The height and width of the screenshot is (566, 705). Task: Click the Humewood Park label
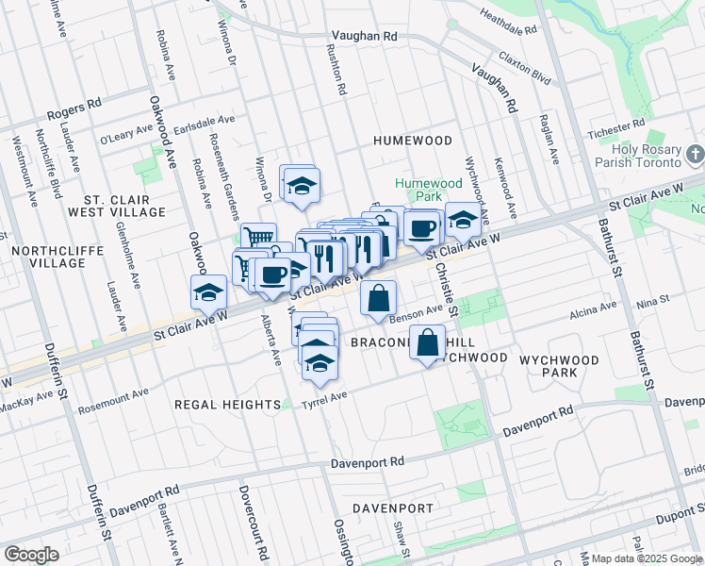pyautogui.click(x=428, y=190)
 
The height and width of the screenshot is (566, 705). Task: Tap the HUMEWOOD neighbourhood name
pyautogui.click(x=413, y=140)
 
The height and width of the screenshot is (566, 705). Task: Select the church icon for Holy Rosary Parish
pyautogui.click(x=696, y=154)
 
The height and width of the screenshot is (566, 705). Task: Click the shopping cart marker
pyautogui.click(x=257, y=236)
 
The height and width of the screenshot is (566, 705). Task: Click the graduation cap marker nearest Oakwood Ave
pyautogui.click(x=208, y=292)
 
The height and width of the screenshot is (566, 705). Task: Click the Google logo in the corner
pyautogui.click(x=31, y=555)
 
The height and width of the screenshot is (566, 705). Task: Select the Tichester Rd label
pyautogui.click(x=615, y=126)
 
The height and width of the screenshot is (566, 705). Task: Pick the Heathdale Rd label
pyautogui.click(x=508, y=14)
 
